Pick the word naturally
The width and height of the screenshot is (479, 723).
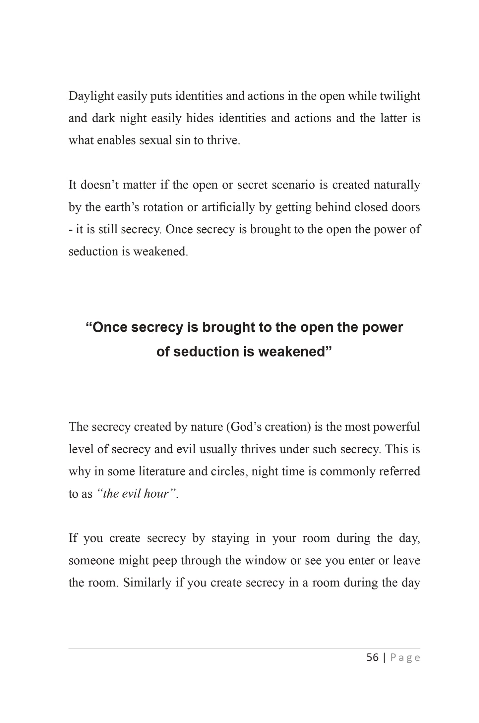tap(397, 185)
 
